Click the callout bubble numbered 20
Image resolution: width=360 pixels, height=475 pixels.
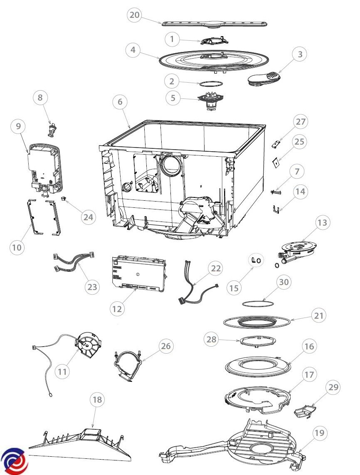click(135, 15)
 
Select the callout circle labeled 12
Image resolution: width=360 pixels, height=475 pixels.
click(117, 309)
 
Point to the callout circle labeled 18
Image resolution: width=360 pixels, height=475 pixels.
click(97, 399)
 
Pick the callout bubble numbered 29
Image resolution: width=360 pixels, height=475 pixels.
click(333, 387)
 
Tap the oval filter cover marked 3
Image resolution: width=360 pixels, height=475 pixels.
click(264, 79)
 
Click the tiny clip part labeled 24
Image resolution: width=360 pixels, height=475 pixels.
click(63, 198)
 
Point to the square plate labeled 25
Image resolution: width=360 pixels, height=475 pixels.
click(276, 163)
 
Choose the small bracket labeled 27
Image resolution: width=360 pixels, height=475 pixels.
click(275, 144)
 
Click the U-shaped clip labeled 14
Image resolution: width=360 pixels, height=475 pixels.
click(275, 209)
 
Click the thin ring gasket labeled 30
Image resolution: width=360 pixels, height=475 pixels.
click(258, 303)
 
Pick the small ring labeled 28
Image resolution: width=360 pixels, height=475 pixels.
click(258, 341)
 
